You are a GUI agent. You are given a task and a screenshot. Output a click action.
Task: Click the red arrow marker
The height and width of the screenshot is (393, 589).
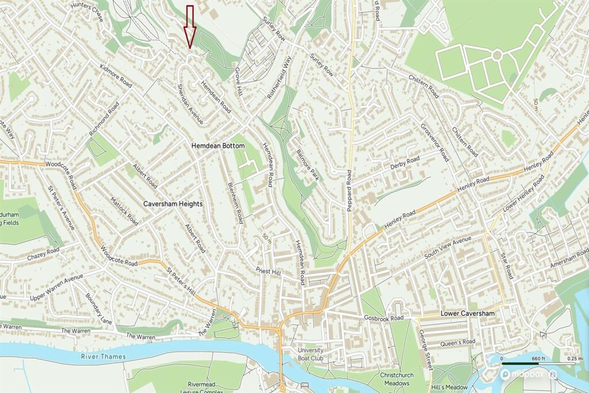(x=190, y=26)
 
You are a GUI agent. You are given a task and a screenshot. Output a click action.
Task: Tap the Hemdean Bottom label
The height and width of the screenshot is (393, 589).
(x=217, y=146)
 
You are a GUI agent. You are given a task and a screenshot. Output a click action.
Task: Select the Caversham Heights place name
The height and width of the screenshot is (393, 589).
(x=173, y=204)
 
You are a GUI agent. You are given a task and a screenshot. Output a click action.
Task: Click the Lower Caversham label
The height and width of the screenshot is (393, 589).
(x=467, y=314)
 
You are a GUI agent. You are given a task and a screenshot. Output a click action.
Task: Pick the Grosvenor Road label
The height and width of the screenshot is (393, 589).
(x=434, y=142)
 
